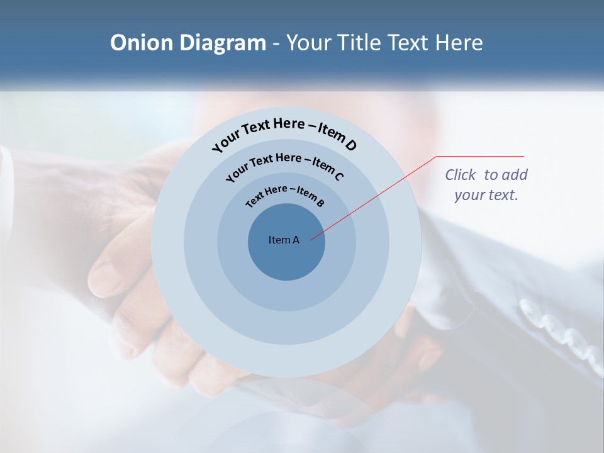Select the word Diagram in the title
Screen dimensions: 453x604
(x=223, y=43)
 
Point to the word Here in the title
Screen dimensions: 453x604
(x=456, y=43)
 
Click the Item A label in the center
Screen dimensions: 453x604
(x=284, y=240)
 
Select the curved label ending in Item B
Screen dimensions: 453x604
(x=285, y=195)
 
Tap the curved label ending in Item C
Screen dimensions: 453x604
(x=284, y=165)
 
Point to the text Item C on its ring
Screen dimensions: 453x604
(x=328, y=168)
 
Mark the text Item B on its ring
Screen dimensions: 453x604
(x=311, y=198)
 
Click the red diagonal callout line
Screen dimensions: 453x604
(x=377, y=195)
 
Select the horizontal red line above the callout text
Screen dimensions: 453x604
(x=480, y=156)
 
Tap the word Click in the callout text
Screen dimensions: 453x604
(x=461, y=175)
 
